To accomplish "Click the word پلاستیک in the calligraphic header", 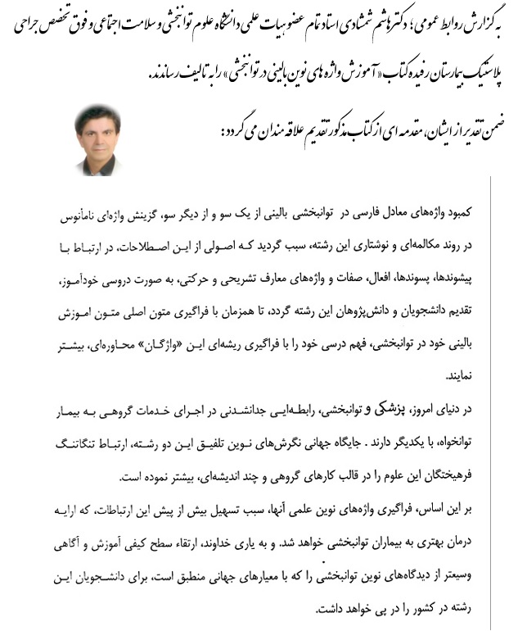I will (475, 74).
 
